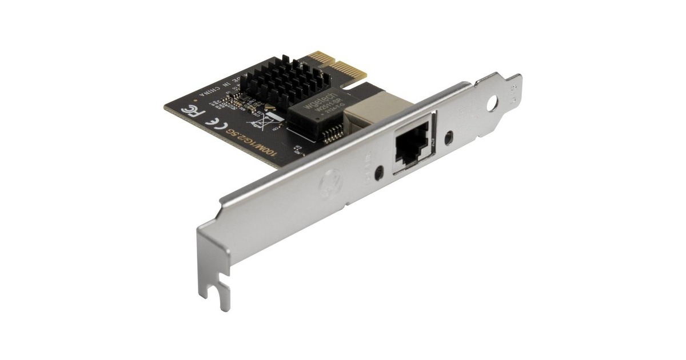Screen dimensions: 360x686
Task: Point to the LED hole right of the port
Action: pyautogui.click(x=450, y=137)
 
